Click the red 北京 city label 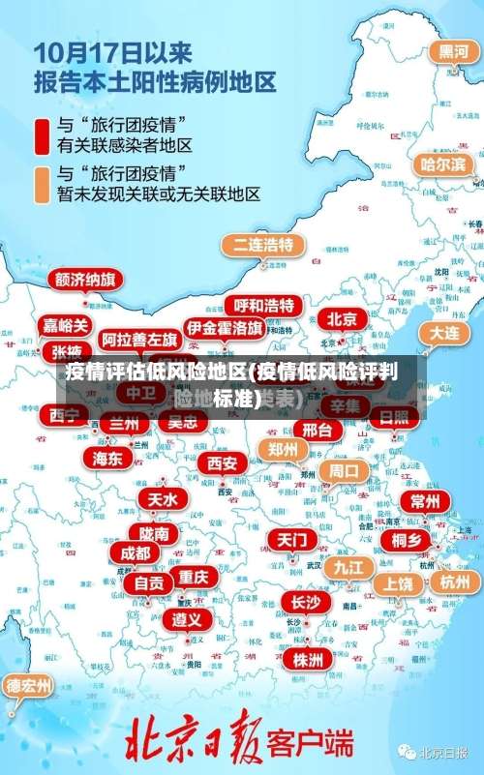[341, 319]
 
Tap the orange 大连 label [443, 331]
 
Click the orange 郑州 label [283, 449]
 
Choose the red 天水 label [162, 499]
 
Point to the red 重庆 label [193, 576]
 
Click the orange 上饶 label [397, 583]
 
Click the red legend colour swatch [43, 135]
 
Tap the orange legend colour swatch [43, 184]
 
